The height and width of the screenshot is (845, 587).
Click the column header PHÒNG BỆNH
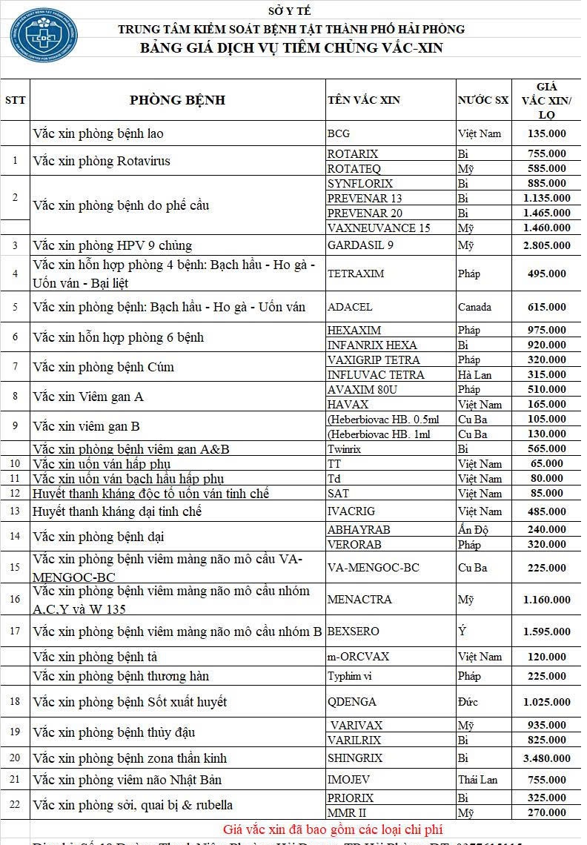coord(177,100)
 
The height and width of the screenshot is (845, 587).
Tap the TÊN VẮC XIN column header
coord(363,100)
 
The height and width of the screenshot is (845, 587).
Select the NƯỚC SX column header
coord(482,100)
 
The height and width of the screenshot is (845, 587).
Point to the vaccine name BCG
coord(338,134)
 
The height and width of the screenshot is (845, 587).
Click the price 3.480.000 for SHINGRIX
coord(546,758)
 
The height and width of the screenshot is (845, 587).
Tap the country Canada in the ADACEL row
coord(474,307)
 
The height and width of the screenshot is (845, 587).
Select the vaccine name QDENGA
coord(351,702)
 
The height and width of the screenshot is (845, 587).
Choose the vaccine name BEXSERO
coord(353,632)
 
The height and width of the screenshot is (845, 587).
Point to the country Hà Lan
coord(474,375)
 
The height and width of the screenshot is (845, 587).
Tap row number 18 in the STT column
coord(15,702)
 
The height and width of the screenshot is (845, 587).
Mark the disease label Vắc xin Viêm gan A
coord(88,397)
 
